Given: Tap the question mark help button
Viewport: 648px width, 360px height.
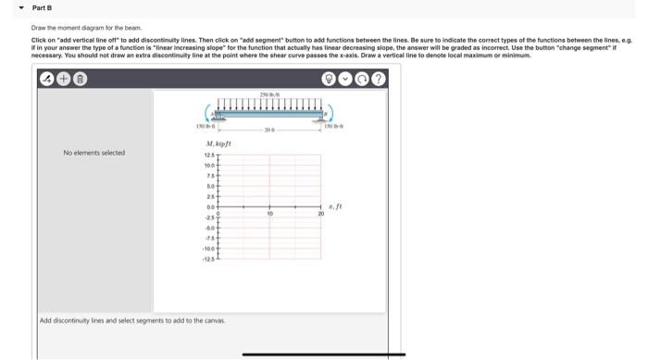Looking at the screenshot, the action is pos(378,80).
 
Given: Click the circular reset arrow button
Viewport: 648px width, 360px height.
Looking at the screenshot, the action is pos(362,80).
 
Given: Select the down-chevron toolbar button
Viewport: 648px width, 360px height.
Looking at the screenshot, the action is pos(345,80).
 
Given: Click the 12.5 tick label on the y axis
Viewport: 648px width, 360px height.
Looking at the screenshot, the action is pos(209,155).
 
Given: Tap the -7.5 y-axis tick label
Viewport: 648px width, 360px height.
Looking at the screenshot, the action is pos(210,236).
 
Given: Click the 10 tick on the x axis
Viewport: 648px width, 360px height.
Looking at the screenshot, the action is pos(269,213).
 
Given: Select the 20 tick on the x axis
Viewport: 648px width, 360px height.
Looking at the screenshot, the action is pos(321,213).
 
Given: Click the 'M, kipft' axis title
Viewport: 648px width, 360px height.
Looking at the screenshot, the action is pos(218,144).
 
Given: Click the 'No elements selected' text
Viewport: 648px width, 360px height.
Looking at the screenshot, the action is pos(93,153).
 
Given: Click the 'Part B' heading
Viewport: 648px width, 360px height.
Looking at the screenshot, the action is pos(42,7).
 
